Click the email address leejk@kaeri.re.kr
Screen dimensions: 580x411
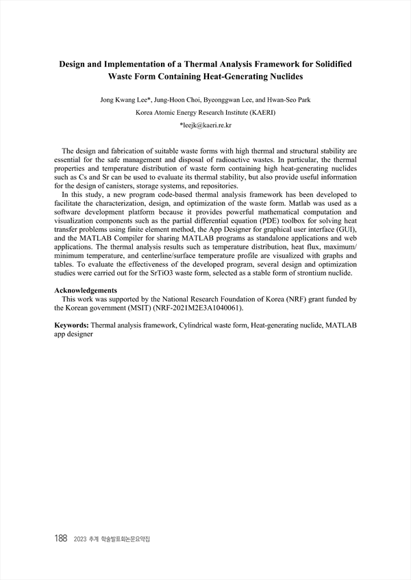pyautogui.click(x=205, y=126)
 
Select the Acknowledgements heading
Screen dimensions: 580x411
pyautogui.click(x=86, y=290)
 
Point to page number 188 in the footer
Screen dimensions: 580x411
pyautogui.click(x=60, y=539)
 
